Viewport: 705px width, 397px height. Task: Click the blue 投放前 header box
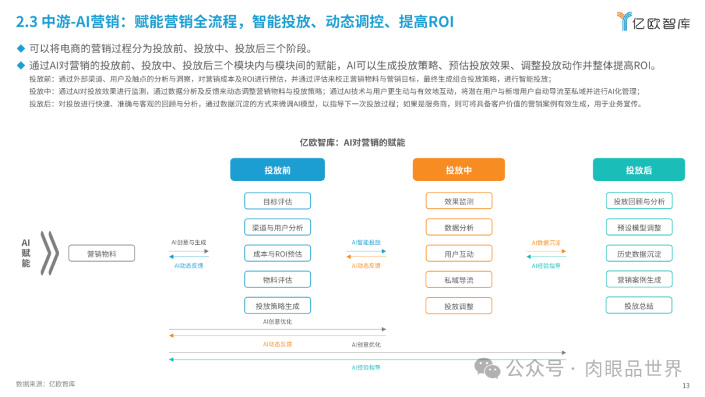coord(277,170)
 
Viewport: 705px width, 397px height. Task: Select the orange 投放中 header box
coord(458,170)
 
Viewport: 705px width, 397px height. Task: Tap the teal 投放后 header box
coord(638,170)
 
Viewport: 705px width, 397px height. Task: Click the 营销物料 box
coord(101,254)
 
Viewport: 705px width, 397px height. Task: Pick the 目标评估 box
coord(277,201)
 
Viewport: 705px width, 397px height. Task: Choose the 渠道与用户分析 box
coord(277,227)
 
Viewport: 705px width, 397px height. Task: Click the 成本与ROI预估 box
coord(277,253)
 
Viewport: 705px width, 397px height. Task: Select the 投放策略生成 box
coord(277,306)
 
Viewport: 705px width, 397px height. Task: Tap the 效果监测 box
coord(459,201)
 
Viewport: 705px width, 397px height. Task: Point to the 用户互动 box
coord(459,253)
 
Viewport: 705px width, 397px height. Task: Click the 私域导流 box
coord(459,279)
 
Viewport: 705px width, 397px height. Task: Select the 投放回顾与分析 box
coord(639,201)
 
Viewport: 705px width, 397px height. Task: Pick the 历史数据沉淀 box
coord(639,253)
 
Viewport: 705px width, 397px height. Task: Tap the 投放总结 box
coord(639,306)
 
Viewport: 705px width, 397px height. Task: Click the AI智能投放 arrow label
coord(366,242)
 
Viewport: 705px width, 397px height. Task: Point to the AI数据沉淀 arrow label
coord(546,242)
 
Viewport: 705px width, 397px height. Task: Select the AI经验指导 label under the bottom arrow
coord(366,368)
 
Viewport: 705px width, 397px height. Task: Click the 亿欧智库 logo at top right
coord(653,22)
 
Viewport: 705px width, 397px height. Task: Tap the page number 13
coord(686,386)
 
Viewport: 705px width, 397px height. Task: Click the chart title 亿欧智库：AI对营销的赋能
coord(352,142)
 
